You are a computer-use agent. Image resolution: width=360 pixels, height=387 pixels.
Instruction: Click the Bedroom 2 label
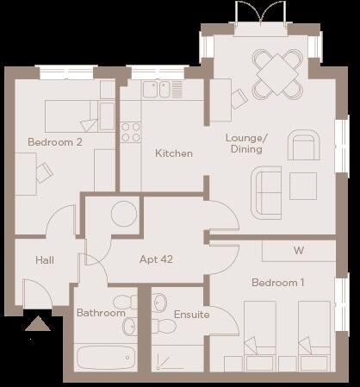pos(55,142)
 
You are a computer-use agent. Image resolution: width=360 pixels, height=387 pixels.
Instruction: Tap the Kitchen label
pos(173,153)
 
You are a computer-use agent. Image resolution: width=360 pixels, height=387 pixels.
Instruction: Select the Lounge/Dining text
pos(247,143)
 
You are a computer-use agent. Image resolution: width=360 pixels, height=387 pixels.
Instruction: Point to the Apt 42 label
pos(158,258)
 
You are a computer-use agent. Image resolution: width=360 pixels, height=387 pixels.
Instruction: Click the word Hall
pos(45,259)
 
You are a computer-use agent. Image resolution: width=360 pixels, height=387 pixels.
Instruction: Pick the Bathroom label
pos(101,313)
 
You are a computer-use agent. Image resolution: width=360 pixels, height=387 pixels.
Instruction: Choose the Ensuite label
pos(191,315)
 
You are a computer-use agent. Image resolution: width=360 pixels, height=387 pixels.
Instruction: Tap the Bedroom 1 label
pos(277,283)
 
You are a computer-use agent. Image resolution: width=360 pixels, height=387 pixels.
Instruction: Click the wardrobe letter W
pos(298,251)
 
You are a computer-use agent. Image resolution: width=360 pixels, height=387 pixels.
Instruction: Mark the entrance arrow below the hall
pos(36,325)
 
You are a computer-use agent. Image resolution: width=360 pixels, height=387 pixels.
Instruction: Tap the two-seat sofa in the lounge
pos(265,190)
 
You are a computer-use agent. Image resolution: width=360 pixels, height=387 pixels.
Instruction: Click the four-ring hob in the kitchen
pos(131,132)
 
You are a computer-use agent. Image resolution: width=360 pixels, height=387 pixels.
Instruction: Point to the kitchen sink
pos(156,88)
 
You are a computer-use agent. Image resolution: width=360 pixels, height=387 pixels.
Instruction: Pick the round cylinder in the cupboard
pos(123,213)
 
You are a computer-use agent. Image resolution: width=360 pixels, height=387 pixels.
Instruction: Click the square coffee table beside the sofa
pos(302,185)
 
